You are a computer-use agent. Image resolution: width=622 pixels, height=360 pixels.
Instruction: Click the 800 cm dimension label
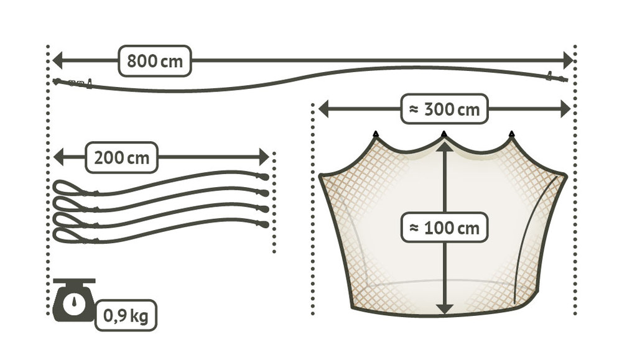tap(154, 61)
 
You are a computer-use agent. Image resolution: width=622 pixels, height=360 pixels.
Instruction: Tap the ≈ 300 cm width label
tap(444, 109)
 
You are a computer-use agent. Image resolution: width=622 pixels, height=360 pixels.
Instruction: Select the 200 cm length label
tap(121, 157)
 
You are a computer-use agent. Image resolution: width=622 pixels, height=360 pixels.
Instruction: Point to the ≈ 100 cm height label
tap(444, 228)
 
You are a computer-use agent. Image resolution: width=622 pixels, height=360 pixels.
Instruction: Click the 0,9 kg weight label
tap(125, 316)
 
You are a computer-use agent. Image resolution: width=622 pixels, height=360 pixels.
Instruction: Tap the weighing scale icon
tap(74, 300)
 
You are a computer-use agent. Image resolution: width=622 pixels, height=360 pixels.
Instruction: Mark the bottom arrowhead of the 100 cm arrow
tap(444, 308)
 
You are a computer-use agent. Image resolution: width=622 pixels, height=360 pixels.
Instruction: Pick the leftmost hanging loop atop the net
tap(376, 134)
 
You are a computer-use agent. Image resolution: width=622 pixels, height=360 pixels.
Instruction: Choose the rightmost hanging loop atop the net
tap(511, 134)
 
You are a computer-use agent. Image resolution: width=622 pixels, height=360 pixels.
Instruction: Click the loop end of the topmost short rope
tap(65, 187)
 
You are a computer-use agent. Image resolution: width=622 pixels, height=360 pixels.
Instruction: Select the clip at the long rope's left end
tap(73, 83)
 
